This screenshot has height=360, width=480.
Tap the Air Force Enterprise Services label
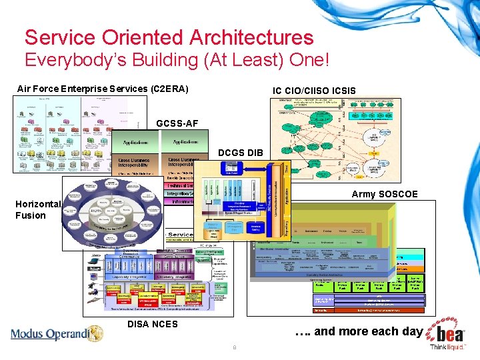[x=83, y=89]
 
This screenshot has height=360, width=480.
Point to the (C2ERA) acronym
[x=170, y=89]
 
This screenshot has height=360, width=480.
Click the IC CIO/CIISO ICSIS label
[x=314, y=91]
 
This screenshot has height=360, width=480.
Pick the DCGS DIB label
[x=241, y=153]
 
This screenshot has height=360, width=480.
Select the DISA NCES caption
[x=153, y=324]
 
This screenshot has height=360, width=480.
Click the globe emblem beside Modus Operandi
[x=95, y=333]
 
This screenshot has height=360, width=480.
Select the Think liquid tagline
[x=448, y=347]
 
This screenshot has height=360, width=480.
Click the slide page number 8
[x=234, y=348]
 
